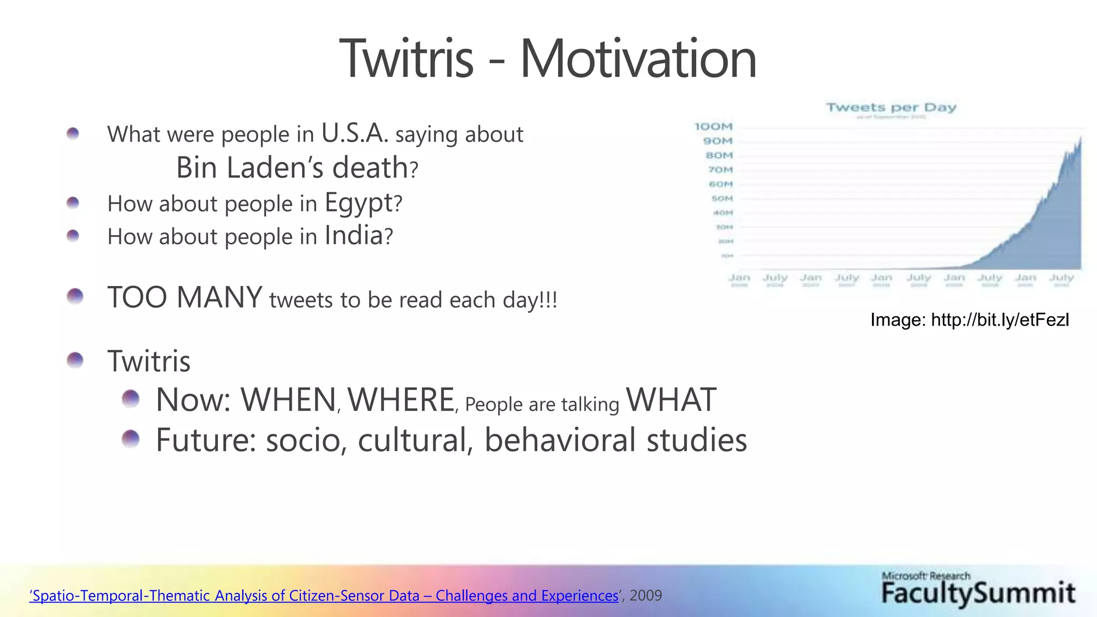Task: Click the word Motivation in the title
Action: (x=638, y=58)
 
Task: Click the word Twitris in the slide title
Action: (x=407, y=58)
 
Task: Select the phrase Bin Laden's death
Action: (x=292, y=168)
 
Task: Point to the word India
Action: (x=354, y=236)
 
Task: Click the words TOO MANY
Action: (x=185, y=298)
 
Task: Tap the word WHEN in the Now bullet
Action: (x=288, y=400)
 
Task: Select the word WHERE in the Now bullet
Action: (x=401, y=400)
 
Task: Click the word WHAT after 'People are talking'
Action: (x=671, y=400)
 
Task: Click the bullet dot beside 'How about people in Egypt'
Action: (x=73, y=203)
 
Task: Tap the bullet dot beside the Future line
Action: (x=130, y=439)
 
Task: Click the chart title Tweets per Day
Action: (x=891, y=108)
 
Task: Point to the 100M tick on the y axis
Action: (x=713, y=127)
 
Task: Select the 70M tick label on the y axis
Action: (x=720, y=170)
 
